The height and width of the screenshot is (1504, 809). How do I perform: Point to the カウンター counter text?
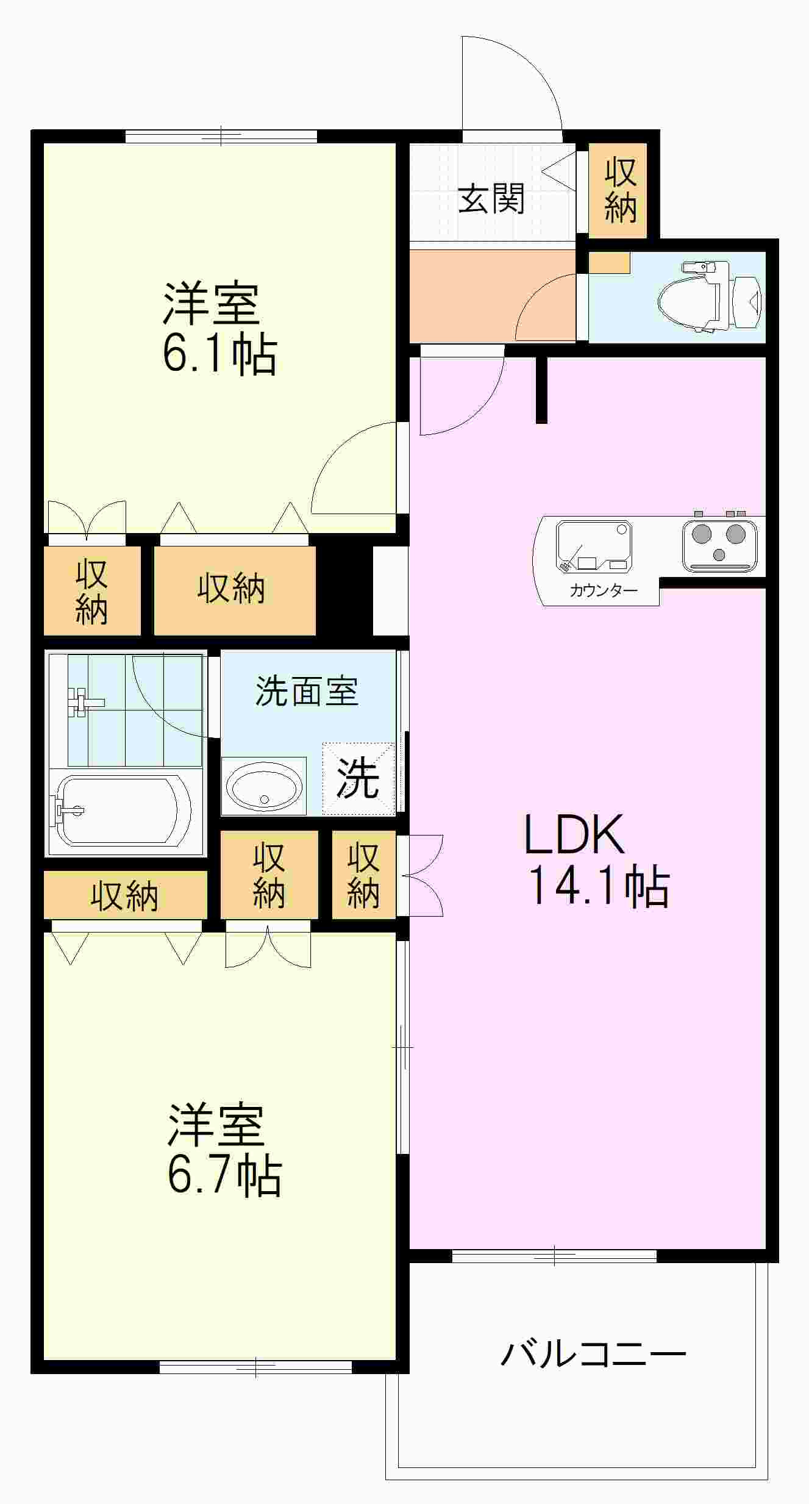point(603,590)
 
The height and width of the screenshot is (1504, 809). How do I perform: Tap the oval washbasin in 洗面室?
point(264,787)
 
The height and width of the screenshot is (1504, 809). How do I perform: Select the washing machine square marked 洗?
point(358,778)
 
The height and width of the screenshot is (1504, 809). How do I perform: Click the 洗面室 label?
point(307,692)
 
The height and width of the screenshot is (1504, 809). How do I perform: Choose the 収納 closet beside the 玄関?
point(620,190)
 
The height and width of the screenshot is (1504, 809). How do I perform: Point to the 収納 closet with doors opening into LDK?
point(363,875)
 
